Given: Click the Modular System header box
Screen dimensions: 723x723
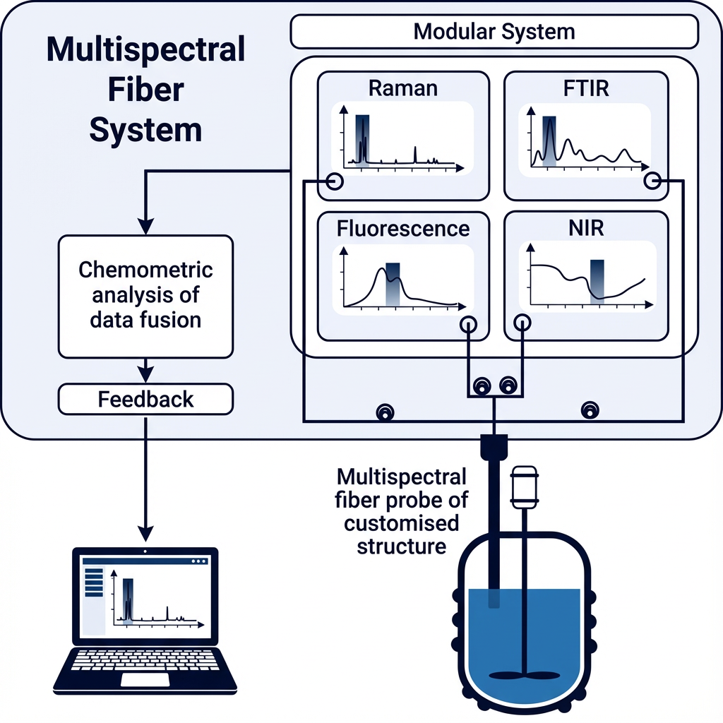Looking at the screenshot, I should pyautogui.click(x=494, y=31).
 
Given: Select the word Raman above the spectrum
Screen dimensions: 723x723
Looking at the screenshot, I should pyautogui.click(x=403, y=88).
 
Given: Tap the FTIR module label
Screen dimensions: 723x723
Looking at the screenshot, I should pyautogui.click(x=586, y=88).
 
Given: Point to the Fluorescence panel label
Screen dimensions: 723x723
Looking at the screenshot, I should pyautogui.click(x=403, y=229).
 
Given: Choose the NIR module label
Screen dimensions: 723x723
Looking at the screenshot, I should pyautogui.click(x=586, y=229).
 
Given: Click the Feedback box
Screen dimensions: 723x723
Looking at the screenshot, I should pyautogui.click(x=145, y=399).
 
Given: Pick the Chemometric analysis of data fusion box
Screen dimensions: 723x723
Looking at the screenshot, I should pyautogui.click(x=145, y=296).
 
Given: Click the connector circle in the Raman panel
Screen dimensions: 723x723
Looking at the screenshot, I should pyautogui.click(x=335, y=181).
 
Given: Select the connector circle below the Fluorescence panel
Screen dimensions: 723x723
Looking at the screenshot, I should pyautogui.click(x=468, y=323).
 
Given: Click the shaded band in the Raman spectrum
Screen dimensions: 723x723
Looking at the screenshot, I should pyautogui.click(x=362, y=138).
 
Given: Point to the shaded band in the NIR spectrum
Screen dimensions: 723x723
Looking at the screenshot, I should pyautogui.click(x=597, y=280).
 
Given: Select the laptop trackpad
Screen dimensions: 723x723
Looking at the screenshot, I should pyautogui.click(x=145, y=679).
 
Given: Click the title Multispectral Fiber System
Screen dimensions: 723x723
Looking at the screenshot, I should pyautogui.click(x=145, y=90).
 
